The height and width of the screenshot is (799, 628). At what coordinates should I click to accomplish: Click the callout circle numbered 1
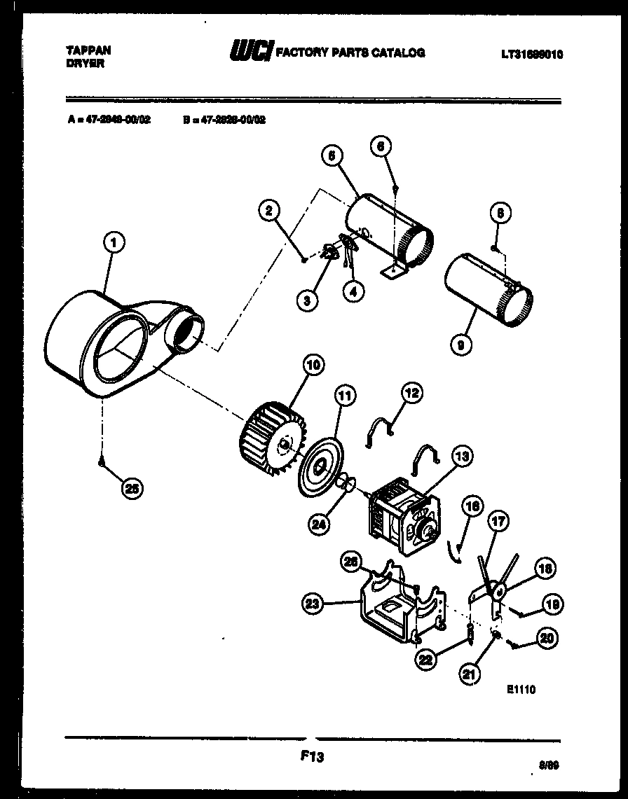pos(114,244)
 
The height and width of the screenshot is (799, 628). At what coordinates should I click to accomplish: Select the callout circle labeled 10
pos(313,365)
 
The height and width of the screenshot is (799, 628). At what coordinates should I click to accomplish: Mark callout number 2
pos(268,209)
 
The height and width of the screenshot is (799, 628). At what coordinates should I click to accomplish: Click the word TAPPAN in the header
pos(88,51)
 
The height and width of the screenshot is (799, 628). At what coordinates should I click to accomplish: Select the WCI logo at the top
pos(250,51)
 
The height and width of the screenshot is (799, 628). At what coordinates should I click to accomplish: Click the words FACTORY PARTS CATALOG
pos(350,52)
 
